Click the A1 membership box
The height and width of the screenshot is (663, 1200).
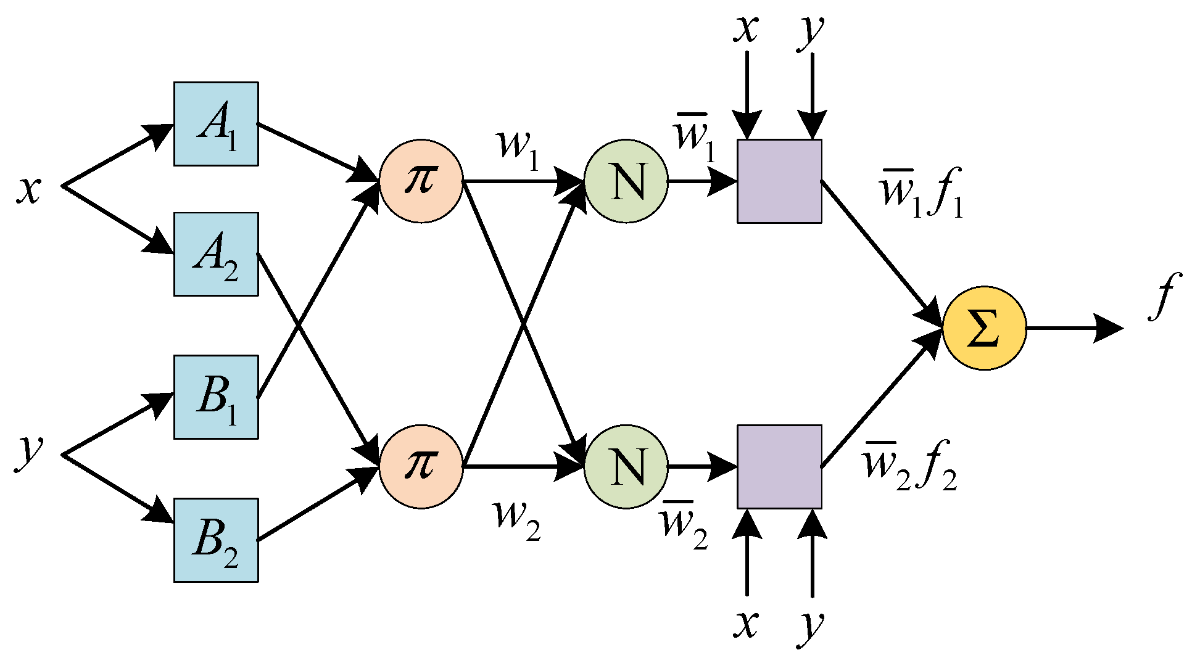(216, 123)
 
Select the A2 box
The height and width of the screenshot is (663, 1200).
(216, 254)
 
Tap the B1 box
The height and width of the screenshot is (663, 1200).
(216, 397)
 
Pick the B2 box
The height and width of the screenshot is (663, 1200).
(216, 540)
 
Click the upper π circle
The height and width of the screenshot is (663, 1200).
(421, 181)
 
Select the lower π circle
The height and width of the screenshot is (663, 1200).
(421, 466)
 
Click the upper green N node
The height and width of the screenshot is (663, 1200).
(626, 181)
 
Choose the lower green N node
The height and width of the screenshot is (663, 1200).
(626, 466)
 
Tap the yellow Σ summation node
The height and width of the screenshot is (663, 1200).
(984, 327)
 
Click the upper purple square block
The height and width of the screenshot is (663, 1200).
(779, 181)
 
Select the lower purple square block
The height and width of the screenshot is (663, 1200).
(779, 466)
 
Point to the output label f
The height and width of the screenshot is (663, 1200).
(1164, 296)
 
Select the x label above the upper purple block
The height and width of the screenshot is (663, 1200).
(745, 28)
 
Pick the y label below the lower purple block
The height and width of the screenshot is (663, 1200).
(811, 626)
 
